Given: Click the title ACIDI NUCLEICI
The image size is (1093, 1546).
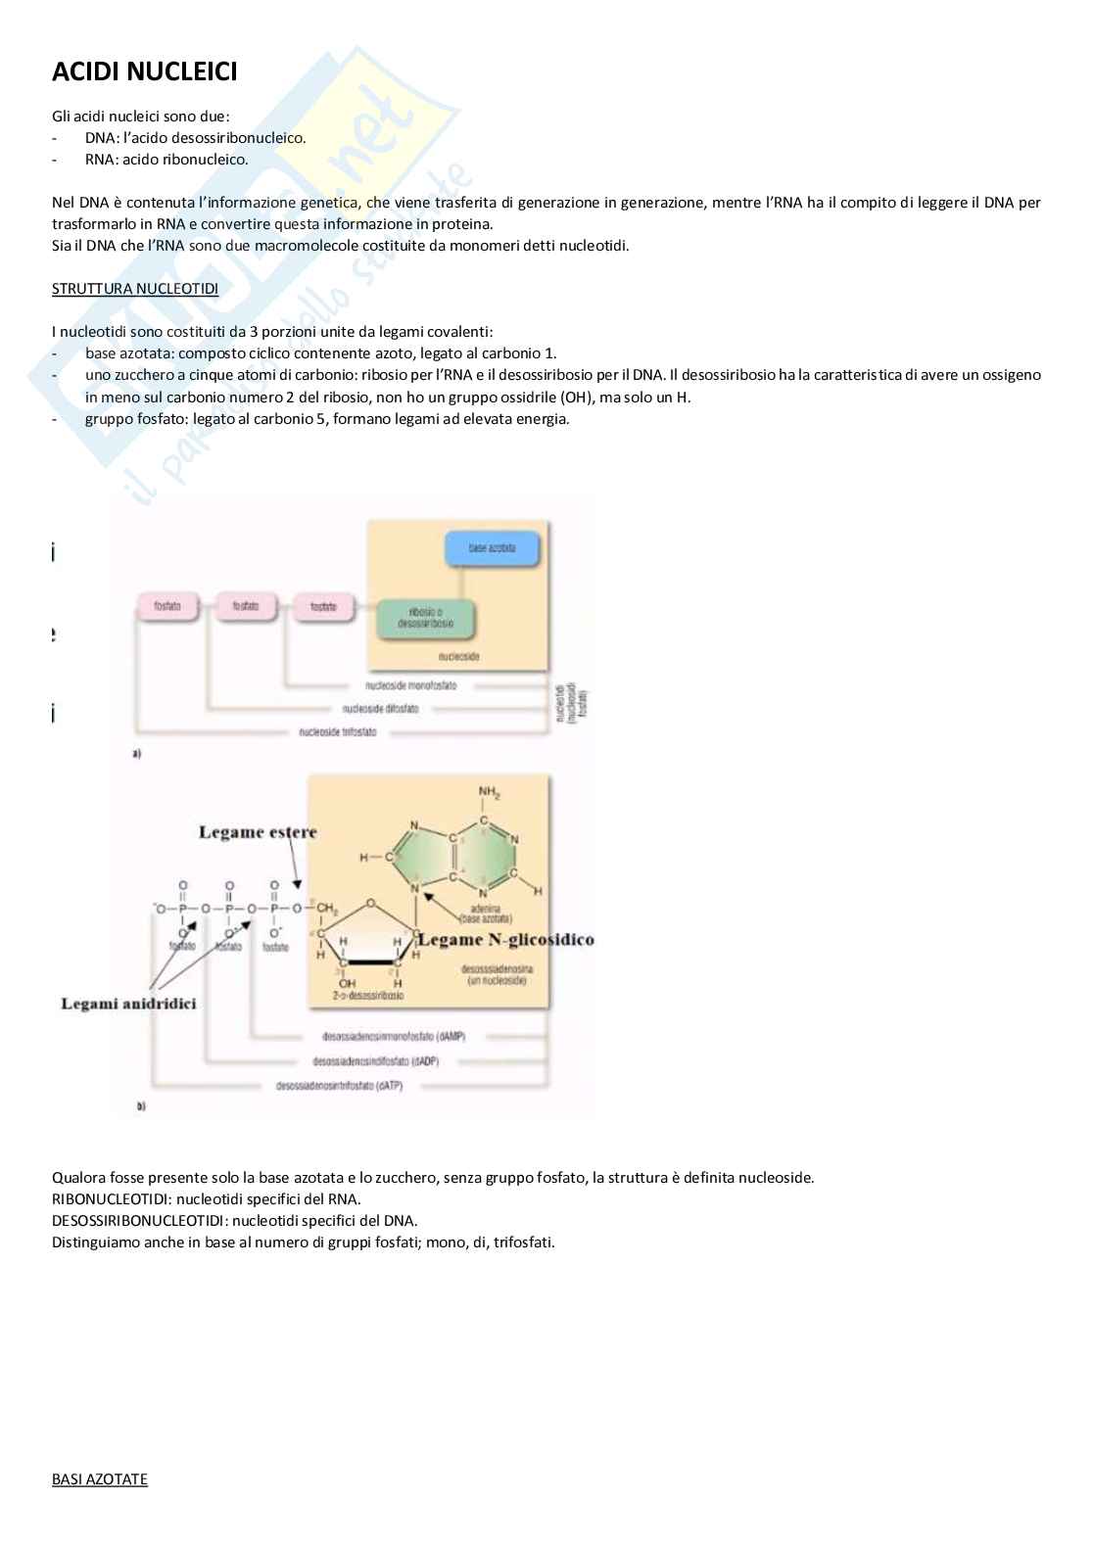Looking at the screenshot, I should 144,71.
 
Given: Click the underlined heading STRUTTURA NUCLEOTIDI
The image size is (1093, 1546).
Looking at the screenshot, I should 134,289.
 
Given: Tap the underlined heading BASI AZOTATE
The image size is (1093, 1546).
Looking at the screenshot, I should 99,1479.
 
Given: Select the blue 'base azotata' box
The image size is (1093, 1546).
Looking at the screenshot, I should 492,548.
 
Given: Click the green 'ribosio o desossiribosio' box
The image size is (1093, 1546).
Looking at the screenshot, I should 425,618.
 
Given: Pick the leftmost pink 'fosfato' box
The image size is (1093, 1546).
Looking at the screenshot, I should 166,607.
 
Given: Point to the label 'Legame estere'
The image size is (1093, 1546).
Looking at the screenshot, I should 258,832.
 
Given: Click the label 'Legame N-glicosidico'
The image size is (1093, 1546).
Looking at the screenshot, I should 505,940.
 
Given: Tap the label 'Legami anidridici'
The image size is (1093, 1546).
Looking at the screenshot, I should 128,1004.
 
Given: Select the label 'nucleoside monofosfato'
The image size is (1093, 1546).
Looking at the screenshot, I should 410,686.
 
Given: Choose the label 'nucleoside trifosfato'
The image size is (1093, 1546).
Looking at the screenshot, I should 337,732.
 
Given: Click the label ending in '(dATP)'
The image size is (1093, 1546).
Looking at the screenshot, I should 339,1086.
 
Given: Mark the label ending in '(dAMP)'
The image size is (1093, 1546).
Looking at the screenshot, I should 393,1036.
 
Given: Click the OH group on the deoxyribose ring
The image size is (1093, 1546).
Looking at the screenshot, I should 347,983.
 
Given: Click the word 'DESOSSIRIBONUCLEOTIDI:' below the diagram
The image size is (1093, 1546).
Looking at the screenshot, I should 139,1221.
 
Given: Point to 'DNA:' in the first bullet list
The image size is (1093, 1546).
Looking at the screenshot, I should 102,138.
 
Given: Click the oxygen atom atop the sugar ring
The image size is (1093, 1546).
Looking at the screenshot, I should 370,904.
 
